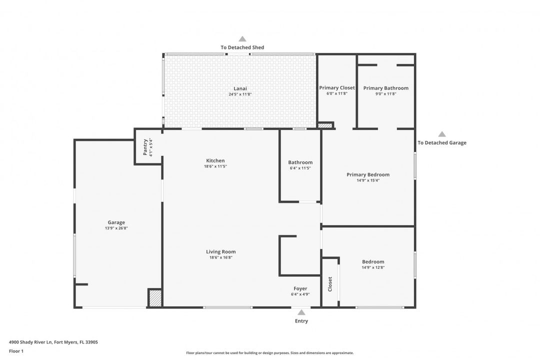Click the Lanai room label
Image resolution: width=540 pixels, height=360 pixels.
pyautogui.click(x=240, y=88)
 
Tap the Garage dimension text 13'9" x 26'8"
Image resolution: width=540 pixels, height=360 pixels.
pyautogui.click(x=116, y=228)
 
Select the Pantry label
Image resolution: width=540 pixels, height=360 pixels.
pyautogui.click(x=145, y=147)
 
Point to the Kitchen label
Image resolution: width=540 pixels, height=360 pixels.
pyautogui.click(x=215, y=160)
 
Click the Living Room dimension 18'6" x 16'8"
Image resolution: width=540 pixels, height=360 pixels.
pyautogui.click(x=220, y=257)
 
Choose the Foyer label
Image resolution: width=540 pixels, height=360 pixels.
pyautogui.click(x=300, y=288)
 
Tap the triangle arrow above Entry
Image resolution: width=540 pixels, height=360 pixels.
pyautogui.click(x=301, y=312)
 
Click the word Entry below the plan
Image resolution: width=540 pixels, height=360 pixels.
pyautogui.click(x=301, y=321)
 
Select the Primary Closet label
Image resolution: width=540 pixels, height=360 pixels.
pyautogui.click(x=337, y=88)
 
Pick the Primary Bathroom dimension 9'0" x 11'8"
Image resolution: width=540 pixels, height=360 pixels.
pyautogui.click(x=385, y=93)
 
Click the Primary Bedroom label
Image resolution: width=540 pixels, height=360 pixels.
pyautogui.click(x=368, y=174)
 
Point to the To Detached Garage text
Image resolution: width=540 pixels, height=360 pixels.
pyautogui.click(x=442, y=142)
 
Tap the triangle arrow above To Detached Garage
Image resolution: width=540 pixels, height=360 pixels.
pyautogui.click(x=442, y=134)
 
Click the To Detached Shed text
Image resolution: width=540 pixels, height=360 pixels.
pyautogui.click(x=242, y=47)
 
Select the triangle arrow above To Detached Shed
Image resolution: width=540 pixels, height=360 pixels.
pyautogui.click(x=242, y=38)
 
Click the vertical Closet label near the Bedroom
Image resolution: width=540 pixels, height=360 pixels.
pyautogui.click(x=330, y=284)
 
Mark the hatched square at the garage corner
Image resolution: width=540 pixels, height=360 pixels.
pyautogui.click(x=155, y=298)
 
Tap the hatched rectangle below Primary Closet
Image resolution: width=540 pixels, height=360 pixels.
pyautogui.click(x=325, y=125)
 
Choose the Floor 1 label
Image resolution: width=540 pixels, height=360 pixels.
pyautogui.click(x=16, y=351)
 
